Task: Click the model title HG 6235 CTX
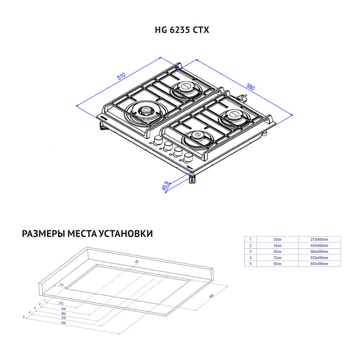click(182, 30)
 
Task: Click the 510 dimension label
click(121, 76)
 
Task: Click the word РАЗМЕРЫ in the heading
click(43, 234)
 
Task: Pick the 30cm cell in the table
click(277, 240)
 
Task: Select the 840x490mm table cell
click(319, 264)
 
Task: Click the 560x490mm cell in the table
click(319, 252)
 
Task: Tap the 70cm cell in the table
click(277, 258)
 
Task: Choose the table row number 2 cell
click(250, 246)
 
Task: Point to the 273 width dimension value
click(61, 303)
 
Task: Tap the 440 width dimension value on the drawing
click(63, 309)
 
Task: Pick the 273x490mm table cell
click(319, 240)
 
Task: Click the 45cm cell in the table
click(277, 246)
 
